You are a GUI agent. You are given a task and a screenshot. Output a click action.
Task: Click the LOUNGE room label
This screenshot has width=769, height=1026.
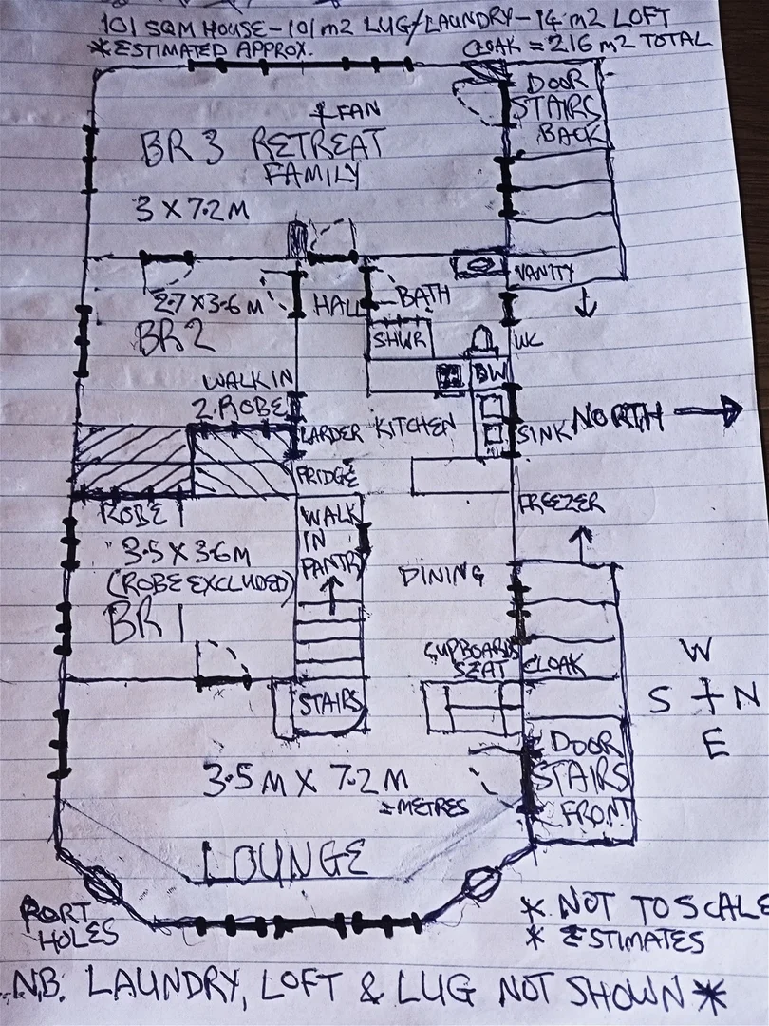pos(284,860)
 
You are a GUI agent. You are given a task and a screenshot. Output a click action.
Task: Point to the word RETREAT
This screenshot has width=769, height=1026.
pos(317,145)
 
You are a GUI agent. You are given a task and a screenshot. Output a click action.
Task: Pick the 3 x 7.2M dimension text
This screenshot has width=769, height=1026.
pos(191,208)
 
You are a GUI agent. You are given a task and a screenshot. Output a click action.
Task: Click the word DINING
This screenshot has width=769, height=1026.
pos(441,574)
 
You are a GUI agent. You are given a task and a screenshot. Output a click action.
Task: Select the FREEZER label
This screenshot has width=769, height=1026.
pos(560,503)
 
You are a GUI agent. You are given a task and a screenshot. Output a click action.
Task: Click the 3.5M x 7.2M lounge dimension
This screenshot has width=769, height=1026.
pos(306,781)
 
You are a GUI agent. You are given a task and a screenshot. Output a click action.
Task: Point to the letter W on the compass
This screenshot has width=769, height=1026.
pos(700,651)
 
